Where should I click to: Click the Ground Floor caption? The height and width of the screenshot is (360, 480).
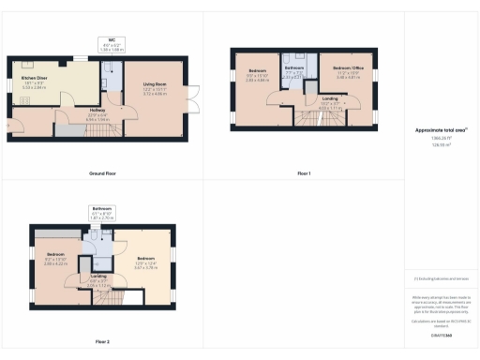click(102, 173)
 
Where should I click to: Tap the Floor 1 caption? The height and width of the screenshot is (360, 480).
click(303, 173)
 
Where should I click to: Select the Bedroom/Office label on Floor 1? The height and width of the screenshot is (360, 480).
click(348, 70)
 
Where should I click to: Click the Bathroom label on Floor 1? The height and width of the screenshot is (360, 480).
click(294, 68)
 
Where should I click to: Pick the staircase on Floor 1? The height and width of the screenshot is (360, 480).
click(308, 116)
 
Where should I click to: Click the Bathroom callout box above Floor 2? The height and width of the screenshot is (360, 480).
click(102, 212)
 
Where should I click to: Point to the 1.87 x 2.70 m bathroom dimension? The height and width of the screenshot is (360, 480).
click(102, 217)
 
